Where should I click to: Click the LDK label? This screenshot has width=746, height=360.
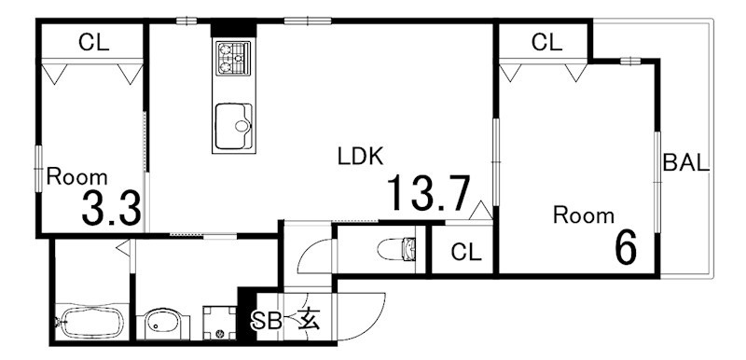pyautogui.click(x=360, y=157)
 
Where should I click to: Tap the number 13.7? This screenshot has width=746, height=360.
pyautogui.click(x=428, y=195)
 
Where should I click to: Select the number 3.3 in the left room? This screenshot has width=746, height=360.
pyautogui.click(x=111, y=209)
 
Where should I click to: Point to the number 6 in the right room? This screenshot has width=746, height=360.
pyautogui.click(x=625, y=248)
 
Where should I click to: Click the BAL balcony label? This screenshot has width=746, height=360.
pyautogui.click(x=686, y=162)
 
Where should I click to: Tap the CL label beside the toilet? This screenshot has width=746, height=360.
pyautogui.click(x=463, y=252)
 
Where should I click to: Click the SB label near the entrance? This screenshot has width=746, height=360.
pyautogui.click(x=269, y=321)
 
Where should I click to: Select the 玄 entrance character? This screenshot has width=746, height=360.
pyautogui.click(x=309, y=320)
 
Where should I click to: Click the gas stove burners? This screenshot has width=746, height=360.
pyautogui.click(x=231, y=58)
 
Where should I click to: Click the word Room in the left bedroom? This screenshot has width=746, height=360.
pyautogui.click(x=76, y=176)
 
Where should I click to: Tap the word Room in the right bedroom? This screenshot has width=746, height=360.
pyautogui.click(x=584, y=215)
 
